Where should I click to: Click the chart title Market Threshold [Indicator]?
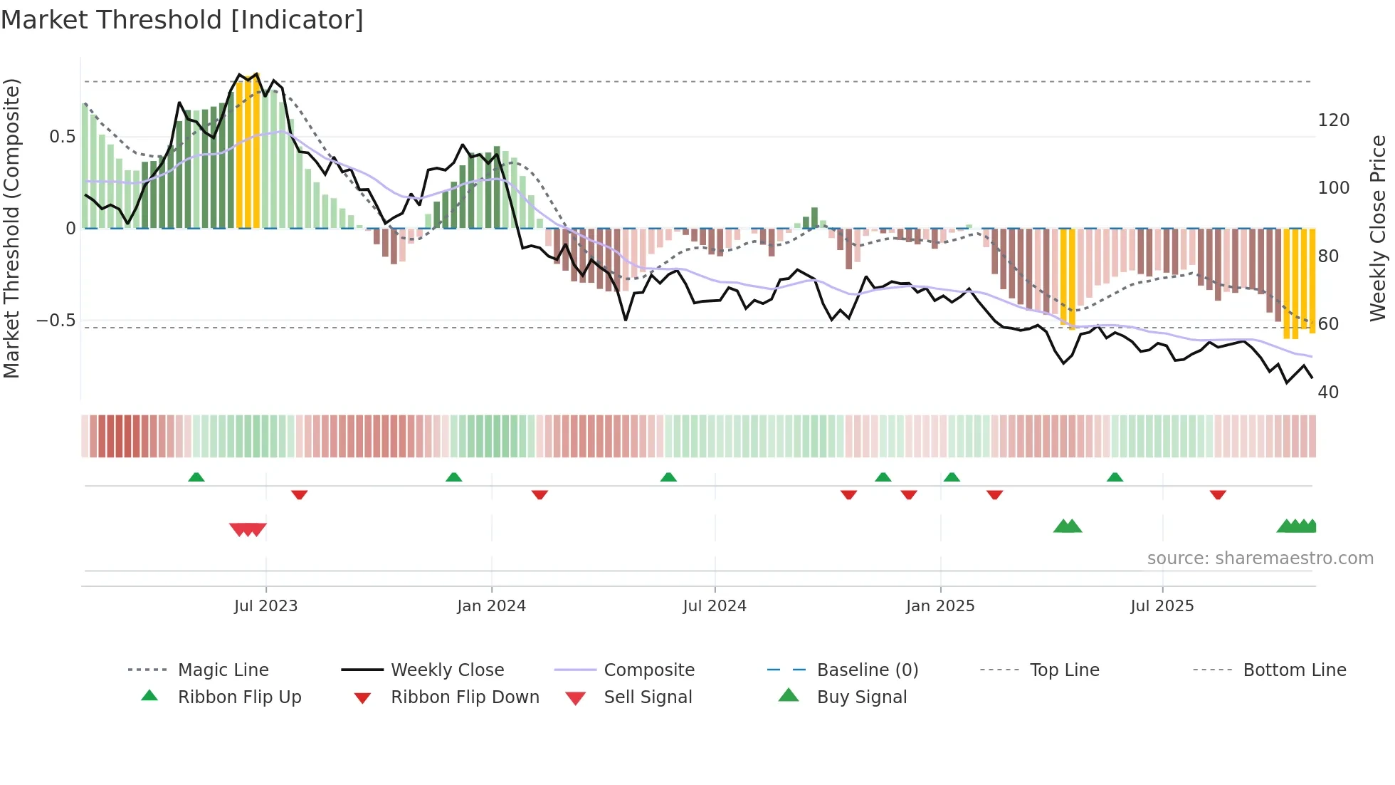[x=182, y=20]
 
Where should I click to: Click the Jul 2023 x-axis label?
[x=265, y=606]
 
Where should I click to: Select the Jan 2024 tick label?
[x=491, y=606]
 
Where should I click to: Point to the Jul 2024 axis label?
[x=715, y=606]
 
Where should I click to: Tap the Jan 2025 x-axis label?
[x=940, y=606]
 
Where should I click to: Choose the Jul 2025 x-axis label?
[x=1162, y=606]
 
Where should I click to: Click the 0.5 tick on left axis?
[x=63, y=137]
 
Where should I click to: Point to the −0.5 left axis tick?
[x=56, y=321]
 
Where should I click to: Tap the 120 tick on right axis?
[x=1333, y=120]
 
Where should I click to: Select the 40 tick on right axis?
[x=1328, y=392]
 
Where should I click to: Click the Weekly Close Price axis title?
[x=1378, y=228]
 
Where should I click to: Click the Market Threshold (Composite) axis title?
[x=11, y=228]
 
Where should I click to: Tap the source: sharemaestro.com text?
[x=1260, y=558]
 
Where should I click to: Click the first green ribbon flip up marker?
[x=196, y=477]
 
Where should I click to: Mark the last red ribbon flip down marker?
[x=1218, y=494]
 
